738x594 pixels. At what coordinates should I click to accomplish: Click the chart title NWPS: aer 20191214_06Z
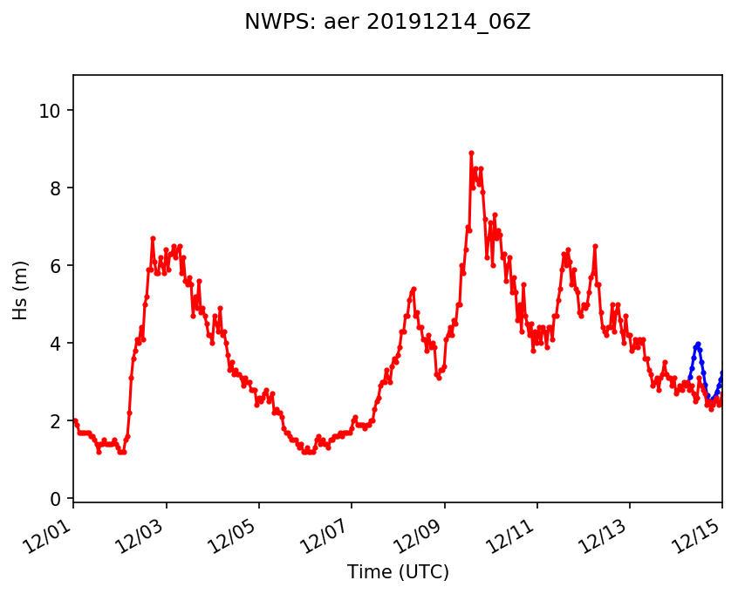387,23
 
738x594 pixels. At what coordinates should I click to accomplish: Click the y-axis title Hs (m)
20,290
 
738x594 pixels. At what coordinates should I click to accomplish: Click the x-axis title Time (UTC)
398,572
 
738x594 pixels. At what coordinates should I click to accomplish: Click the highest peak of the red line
471,153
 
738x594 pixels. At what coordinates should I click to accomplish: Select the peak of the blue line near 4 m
698,344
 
